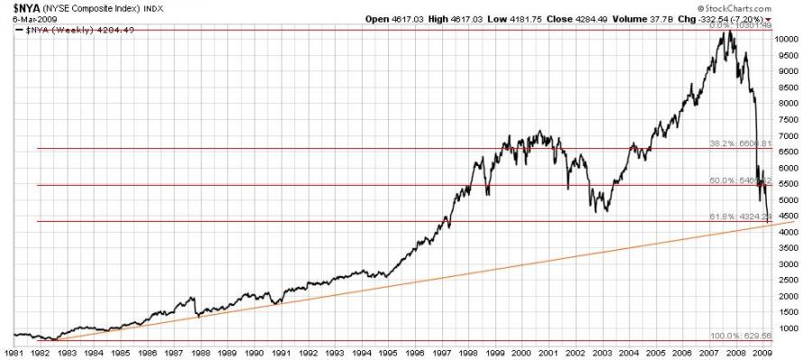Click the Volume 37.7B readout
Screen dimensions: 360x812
coord(660,18)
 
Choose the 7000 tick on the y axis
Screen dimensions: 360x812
coord(789,136)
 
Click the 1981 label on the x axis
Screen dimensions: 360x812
coord(15,353)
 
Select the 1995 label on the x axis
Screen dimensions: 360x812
coord(388,353)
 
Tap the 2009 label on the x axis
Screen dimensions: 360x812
coord(761,353)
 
